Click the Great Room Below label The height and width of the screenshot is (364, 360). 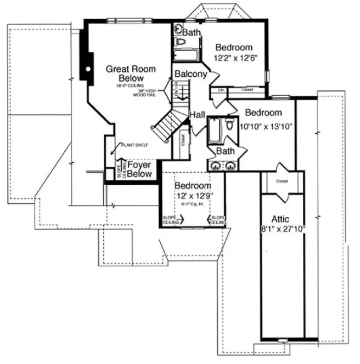click(131, 74)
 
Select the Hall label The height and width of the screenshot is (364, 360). click(197, 114)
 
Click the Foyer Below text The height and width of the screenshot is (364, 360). click(139, 169)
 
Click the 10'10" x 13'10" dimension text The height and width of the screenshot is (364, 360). click(266, 126)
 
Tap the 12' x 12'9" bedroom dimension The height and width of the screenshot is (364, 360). click(193, 196)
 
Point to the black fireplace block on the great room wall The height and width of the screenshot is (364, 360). click(86, 60)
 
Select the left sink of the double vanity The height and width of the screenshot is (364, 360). click(216, 165)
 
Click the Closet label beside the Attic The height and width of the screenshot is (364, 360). click(282, 180)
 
